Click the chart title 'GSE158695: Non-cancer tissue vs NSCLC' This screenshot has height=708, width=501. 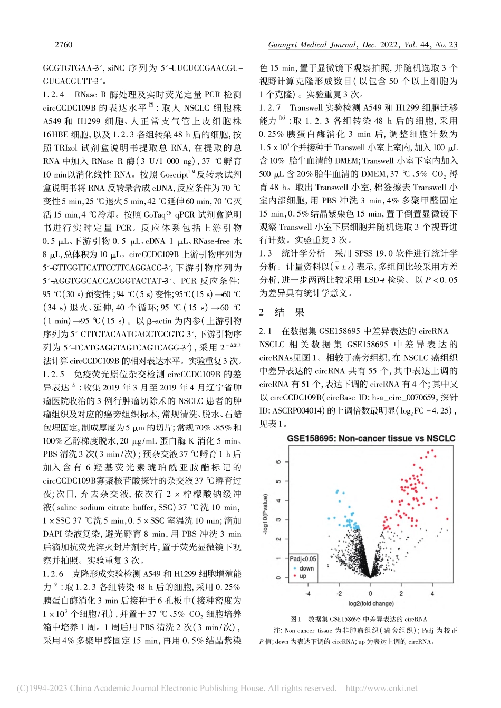click(x=371, y=438)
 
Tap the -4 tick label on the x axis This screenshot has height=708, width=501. click(x=308, y=593)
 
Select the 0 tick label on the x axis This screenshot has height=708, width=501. click(x=370, y=593)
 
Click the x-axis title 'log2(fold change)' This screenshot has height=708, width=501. click(x=371, y=603)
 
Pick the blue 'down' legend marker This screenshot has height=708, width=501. click(x=294, y=568)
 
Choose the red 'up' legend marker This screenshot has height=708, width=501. click(x=294, y=576)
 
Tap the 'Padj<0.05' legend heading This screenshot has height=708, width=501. click(x=303, y=559)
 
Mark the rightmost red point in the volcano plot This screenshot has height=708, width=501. click(x=447, y=519)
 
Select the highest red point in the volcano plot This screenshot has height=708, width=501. click(x=433, y=450)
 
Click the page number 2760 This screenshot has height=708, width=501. click(x=63, y=45)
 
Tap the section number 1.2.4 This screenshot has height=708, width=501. click(x=54, y=95)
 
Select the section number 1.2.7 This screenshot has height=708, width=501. click(x=270, y=108)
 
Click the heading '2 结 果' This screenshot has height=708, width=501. click(x=282, y=312)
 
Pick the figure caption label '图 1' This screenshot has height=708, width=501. click(x=295, y=619)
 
